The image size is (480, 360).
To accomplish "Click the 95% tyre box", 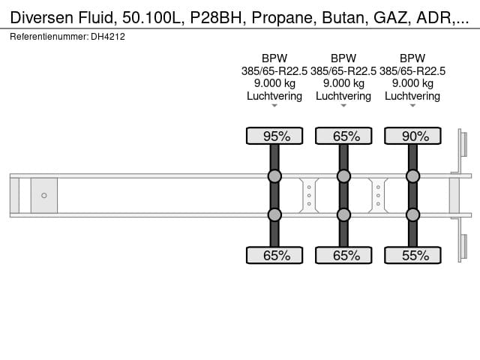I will point(274,136).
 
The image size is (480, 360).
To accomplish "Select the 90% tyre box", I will point(412,136).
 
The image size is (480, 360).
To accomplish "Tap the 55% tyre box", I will point(412,256).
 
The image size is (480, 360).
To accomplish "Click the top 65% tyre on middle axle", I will point(343,136).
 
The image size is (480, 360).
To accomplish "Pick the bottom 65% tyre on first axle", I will point(274,256).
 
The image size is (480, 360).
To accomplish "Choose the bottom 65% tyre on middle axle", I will point(343,256).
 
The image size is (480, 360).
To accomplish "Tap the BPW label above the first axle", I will point(274,58).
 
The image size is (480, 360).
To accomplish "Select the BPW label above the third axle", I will point(412,58).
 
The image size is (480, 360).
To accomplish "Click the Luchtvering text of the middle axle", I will point(343,96).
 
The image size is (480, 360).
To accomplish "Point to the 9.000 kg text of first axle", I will point(274,83).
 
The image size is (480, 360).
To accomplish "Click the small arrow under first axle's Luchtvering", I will point(274,106).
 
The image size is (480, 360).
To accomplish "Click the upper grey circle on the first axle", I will point(274,176).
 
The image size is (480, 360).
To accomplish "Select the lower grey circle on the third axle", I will point(412,215).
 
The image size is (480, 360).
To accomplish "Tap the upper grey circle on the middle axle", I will point(343,176).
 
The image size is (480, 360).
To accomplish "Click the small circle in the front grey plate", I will point(44,196).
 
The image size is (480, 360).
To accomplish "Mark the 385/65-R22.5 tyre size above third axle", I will point(412,70).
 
